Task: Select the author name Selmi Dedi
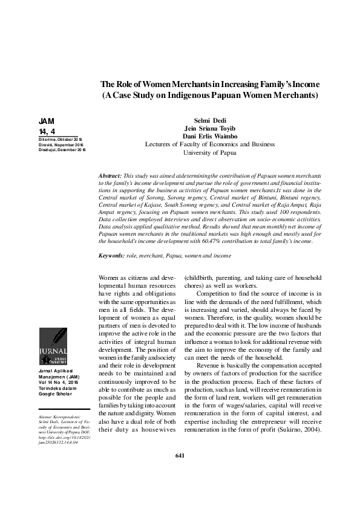pyautogui.click(x=210, y=120)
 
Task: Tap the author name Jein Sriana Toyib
pyautogui.click(x=210, y=128)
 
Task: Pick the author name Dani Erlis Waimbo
pyautogui.click(x=210, y=136)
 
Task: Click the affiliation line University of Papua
pyautogui.click(x=210, y=152)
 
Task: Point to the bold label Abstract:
pyautogui.click(x=113, y=175)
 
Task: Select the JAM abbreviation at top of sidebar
pyautogui.click(x=46, y=121)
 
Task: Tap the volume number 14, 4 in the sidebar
pyautogui.click(x=47, y=131)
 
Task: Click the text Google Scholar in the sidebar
pyautogui.click(x=56, y=394)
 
